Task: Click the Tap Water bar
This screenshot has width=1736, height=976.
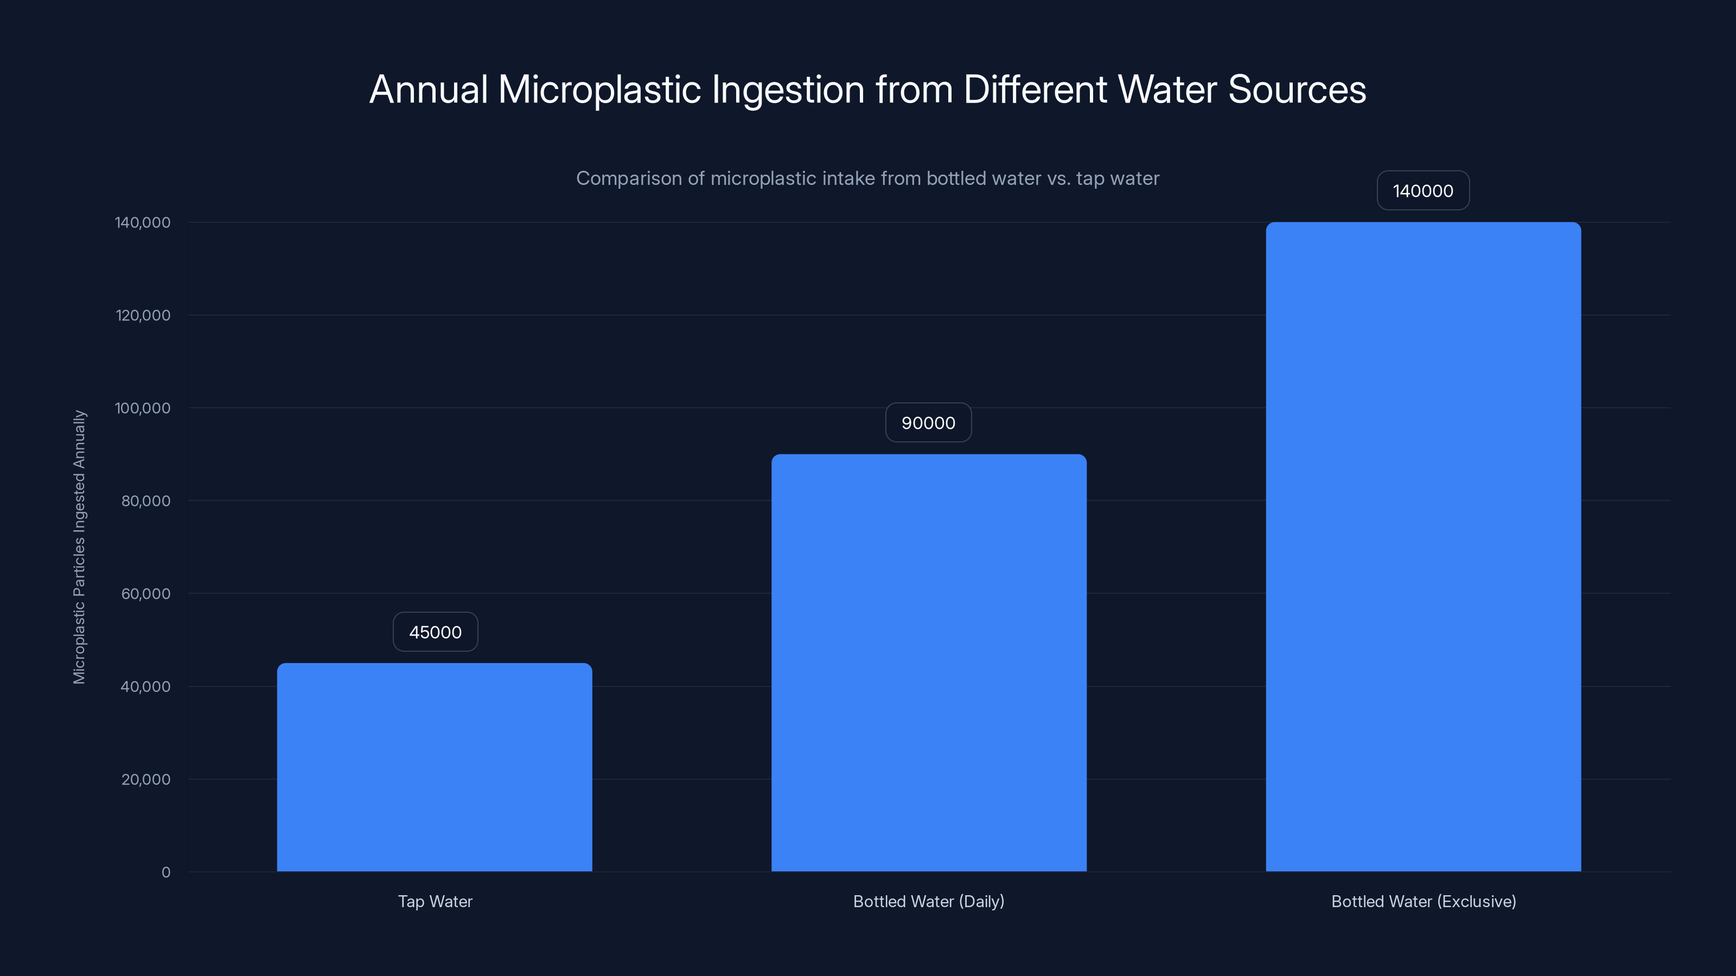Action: (435, 767)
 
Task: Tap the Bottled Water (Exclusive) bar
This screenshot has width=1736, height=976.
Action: (1424, 547)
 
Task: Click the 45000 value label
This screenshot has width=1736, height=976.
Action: (435, 632)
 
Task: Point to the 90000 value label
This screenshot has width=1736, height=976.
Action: (928, 423)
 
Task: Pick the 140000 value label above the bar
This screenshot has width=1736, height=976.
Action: (1422, 191)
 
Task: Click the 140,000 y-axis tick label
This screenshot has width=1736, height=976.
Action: (143, 222)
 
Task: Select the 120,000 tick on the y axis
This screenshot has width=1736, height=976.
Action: (143, 315)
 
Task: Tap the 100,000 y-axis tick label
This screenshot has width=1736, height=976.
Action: (143, 408)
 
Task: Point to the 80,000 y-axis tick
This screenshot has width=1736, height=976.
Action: (145, 501)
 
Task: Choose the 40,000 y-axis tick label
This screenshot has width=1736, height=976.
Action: (145, 687)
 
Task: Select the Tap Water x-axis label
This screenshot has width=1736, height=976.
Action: (435, 901)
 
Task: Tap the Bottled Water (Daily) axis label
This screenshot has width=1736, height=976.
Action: (929, 901)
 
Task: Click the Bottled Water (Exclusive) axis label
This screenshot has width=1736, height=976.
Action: (1424, 901)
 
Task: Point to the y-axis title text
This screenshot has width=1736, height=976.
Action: (80, 547)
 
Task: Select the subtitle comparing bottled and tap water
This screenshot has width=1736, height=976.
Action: (867, 178)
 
